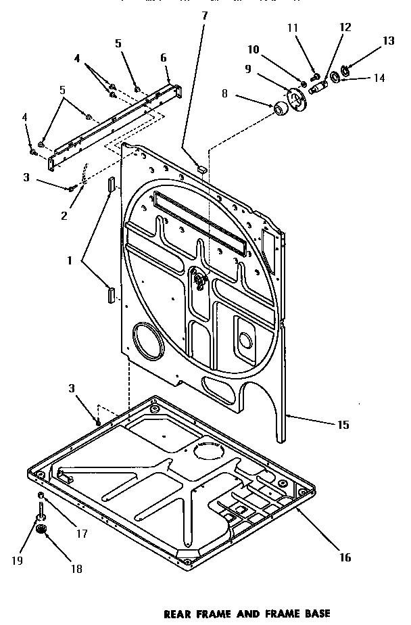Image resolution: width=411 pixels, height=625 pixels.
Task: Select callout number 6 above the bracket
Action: pyautogui.click(x=163, y=58)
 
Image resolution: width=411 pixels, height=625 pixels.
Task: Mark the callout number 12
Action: pyautogui.click(x=345, y=27)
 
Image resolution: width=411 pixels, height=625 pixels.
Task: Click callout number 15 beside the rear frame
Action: pyautogui.click(x=343, y=425)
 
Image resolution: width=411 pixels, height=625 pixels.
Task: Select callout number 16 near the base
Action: pyautogui.click(x=345, y=558)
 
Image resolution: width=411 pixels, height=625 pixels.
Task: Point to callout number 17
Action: pyautogui.click(x=81, y=533)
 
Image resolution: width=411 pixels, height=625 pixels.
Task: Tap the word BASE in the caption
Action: pyautogui.click(x=314, y=614)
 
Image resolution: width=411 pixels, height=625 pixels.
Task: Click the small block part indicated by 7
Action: pyautogui.click(x=201, y=167)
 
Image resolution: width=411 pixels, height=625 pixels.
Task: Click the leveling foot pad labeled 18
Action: pyautogui.click(x=43, y=530)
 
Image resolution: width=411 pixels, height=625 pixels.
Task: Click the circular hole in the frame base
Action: pyautogui.click(x=208, y=451)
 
